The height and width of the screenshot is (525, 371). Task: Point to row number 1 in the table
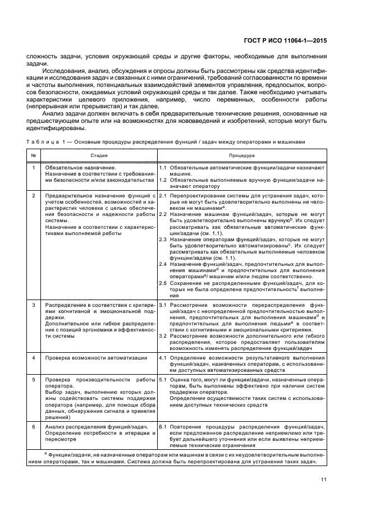click(x=34, y=168)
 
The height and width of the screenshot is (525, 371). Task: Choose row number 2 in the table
click(x=34, y=196)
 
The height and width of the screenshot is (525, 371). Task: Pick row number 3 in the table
click(x=34, y=305)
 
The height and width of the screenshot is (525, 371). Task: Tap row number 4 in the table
click(x=34, y=358)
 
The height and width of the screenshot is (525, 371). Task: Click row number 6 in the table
click(x=34, y=426)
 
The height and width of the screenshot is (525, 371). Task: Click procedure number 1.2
click(x=163, y=181)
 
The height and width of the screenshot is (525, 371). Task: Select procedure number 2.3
click(x=163, y=239)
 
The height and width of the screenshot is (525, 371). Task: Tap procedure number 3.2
click(x=163, y=335)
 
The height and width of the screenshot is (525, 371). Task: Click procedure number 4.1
click(x=163, y=358)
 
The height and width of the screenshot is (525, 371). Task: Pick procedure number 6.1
click(x=163, y=426)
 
